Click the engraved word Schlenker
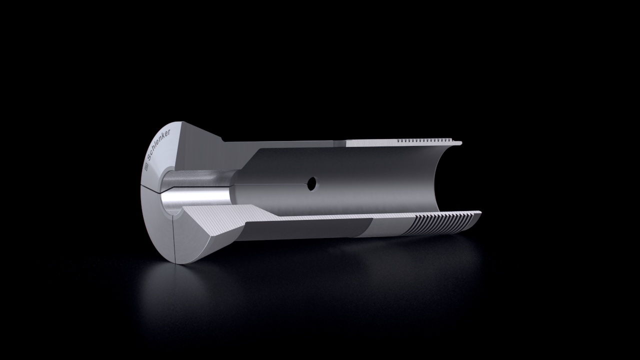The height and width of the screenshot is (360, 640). click(x=158, y=144)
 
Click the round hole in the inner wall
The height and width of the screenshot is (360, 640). click(x=312, y=183)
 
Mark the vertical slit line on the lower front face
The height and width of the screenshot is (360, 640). click(x=173, y=239)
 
